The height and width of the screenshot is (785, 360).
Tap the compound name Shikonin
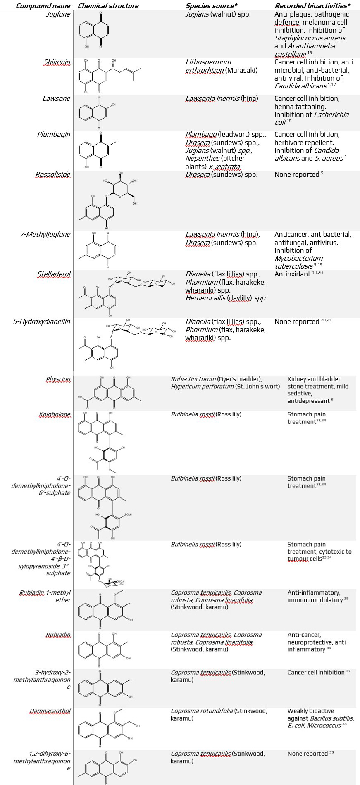[57, 62]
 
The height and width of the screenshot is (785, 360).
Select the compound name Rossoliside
[52, 175]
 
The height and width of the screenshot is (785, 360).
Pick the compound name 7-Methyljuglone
[45, 235]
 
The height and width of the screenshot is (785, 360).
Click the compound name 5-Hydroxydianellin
[42, 322]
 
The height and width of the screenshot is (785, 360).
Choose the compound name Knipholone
[55, 415]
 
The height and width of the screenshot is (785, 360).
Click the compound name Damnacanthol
[50, 711]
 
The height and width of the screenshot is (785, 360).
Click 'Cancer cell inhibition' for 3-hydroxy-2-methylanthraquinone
[316, 673]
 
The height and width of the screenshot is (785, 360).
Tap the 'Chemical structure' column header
[108, 6]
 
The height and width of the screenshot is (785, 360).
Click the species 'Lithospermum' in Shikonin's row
[208, 62]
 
